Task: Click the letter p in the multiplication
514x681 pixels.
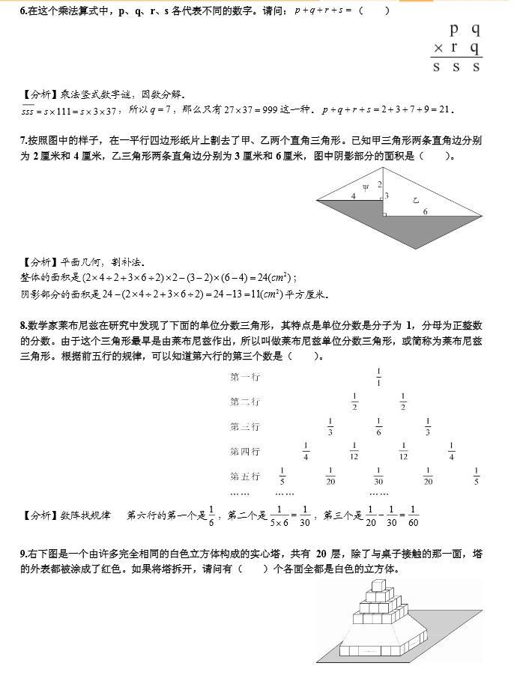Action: tap(454, 31)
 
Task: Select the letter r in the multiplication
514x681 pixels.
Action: tap(454, 49)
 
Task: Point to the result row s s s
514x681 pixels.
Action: tap(456, 67)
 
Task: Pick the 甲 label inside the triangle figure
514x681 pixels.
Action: tap(366, 188)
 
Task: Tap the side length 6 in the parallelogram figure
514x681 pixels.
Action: tap(425, 212)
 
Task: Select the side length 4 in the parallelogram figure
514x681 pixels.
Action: tap(353, 196)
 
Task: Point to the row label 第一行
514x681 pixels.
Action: tap(244, 377)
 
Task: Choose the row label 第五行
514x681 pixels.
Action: tap(244, 476)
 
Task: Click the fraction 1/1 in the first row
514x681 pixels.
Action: tap(378, 377)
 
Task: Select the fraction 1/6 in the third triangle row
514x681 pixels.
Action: tap(378, 426)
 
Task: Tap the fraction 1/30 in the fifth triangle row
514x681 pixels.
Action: tap(378, 476)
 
